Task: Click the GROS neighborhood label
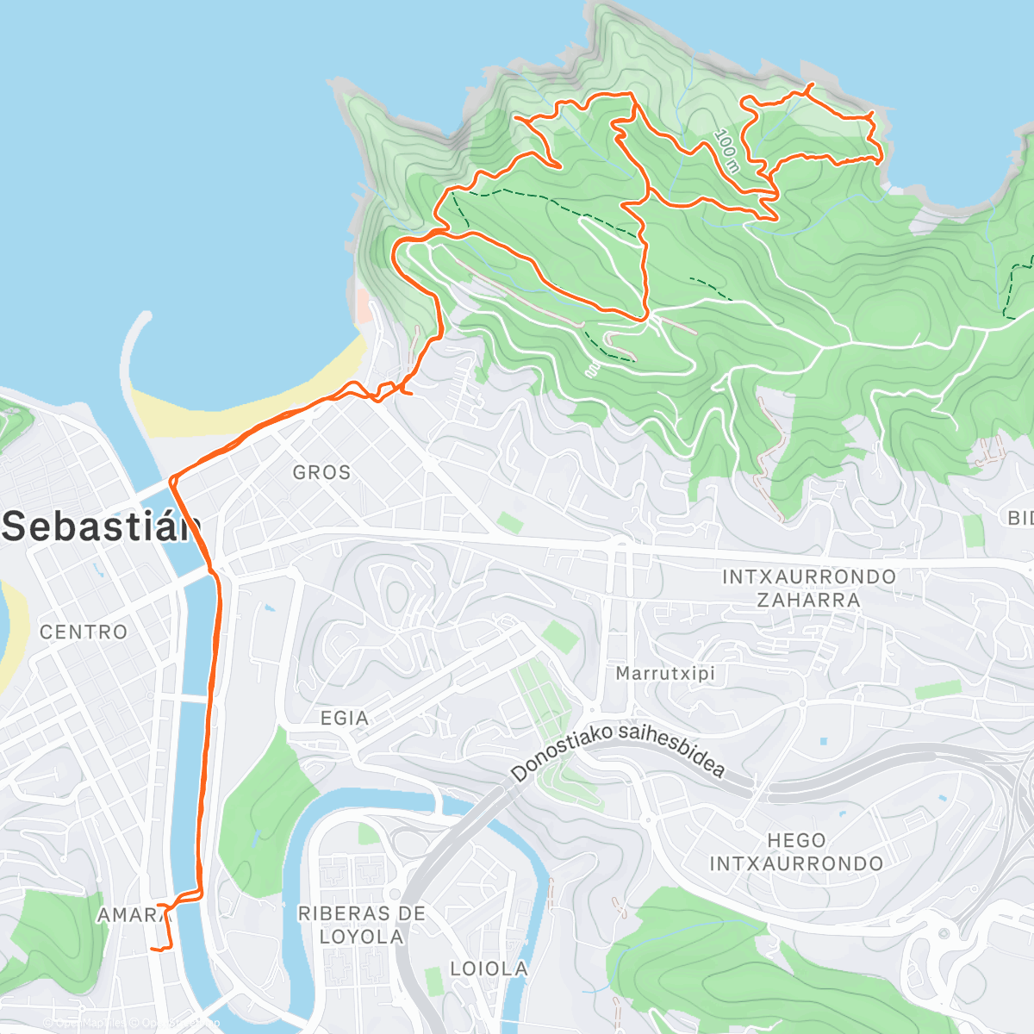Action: tap(321, 472)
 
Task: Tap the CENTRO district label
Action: tap(84, 632)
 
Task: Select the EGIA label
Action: tap(344, 718)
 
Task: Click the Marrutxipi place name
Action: tap(665, 673)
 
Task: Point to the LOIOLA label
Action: tap(489, 969)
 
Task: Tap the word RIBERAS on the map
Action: tap(339, 913)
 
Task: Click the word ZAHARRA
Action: tap(807, 600)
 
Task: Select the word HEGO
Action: tap(796, 840)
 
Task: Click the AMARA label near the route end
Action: tap(129, 915)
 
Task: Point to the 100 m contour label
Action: tap(727, 150)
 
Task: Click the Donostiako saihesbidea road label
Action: tap(617, 752)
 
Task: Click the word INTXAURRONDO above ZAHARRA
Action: tap(808, 576)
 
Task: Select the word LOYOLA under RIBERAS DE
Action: tap(361, 937)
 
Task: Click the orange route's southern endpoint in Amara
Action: tap(153, 949)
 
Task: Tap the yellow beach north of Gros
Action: tap(258, 405)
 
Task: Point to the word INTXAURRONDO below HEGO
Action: tap(796, 863)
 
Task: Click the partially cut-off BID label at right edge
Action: tap(1020, 518)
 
